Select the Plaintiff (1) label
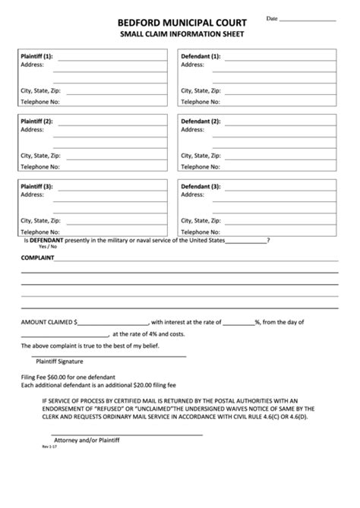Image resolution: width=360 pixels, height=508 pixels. click(36, 57)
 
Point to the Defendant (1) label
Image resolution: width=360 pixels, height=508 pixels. click(200, 57)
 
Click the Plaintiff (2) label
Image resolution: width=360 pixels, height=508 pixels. click(36, 121)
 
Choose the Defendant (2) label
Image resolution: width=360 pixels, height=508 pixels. click(200, 121)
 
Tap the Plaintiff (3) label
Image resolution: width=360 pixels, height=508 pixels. click(36, 186)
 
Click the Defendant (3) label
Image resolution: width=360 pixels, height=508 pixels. click(200, 186)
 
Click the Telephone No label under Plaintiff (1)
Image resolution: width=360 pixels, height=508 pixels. click(39, 100)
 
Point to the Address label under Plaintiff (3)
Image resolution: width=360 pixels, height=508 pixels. click(33, 195)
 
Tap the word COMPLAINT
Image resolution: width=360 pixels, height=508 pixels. click(37, 259)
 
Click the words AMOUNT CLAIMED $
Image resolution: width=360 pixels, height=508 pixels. click(49, 321)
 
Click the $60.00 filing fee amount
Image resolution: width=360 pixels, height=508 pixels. click(55, 377)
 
